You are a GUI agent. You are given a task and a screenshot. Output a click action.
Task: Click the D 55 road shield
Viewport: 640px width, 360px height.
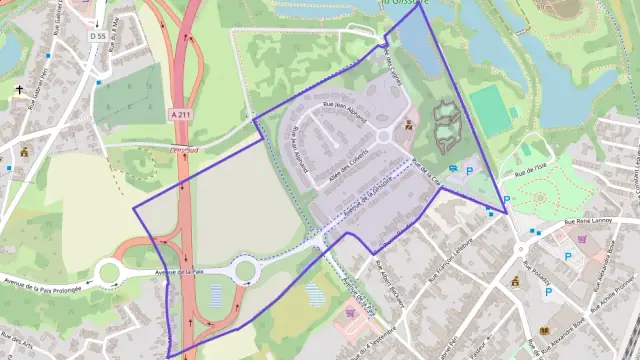[x=96, y=36]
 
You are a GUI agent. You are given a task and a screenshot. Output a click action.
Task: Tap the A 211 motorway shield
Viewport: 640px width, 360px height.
[x=179, y=114]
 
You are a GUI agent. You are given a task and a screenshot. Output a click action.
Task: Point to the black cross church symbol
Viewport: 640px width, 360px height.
[x=18, y=89]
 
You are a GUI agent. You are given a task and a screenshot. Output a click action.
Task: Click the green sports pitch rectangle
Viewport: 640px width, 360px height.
[x=489, y=107]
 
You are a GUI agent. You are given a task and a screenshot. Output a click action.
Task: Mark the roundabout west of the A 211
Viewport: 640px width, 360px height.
[x=108, y=272]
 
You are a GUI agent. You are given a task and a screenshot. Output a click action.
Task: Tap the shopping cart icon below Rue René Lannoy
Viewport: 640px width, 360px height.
[x=582, y=239]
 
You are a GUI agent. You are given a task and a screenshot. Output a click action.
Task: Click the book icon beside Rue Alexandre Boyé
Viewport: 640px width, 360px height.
[x=545, y=330]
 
